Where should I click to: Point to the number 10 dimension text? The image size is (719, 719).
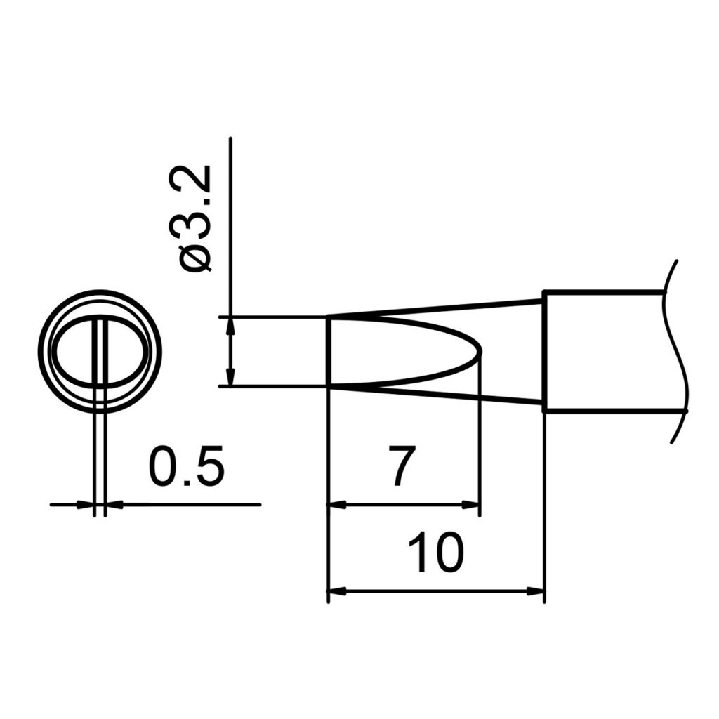point(436,553)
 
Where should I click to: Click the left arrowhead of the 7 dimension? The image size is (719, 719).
point(336,504)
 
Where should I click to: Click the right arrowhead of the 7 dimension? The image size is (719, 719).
point(473,504)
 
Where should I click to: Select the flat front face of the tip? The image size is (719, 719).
point(329,351)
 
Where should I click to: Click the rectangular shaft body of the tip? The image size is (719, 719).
point(604,351)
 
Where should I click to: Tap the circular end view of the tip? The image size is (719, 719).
point(100,351)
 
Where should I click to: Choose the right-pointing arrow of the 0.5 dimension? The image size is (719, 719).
point(88,504)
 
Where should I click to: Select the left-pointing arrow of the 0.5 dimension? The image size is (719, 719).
point(112,504)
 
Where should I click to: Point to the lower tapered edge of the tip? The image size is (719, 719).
point(435,394)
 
